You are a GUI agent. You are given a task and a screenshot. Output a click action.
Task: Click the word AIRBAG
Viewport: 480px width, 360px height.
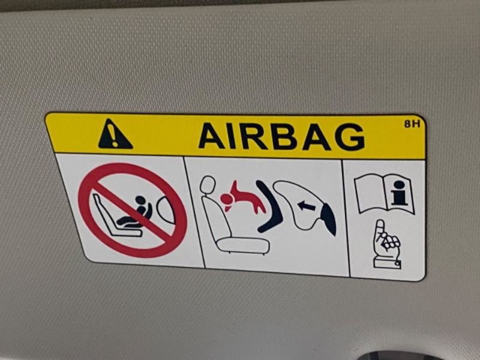281,137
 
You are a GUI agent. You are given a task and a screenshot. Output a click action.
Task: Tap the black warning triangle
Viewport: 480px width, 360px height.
115,134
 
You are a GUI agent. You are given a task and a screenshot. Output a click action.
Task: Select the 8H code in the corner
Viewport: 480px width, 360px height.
412,124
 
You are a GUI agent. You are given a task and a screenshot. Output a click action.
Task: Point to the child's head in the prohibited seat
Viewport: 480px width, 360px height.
140,200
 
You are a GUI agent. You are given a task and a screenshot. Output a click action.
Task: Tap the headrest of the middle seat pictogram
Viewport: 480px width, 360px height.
207,185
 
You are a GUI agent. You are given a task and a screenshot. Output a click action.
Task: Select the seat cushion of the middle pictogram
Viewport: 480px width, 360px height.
243,245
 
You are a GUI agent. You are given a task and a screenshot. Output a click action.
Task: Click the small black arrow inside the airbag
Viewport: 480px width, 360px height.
307,206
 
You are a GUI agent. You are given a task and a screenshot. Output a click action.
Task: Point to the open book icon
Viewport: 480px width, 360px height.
384,193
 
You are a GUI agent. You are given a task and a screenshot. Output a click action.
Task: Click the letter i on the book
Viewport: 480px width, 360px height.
399,193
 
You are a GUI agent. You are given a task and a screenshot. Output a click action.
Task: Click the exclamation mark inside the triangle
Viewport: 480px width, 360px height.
114,136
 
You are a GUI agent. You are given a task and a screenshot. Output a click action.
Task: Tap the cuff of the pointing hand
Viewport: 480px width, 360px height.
387,263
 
